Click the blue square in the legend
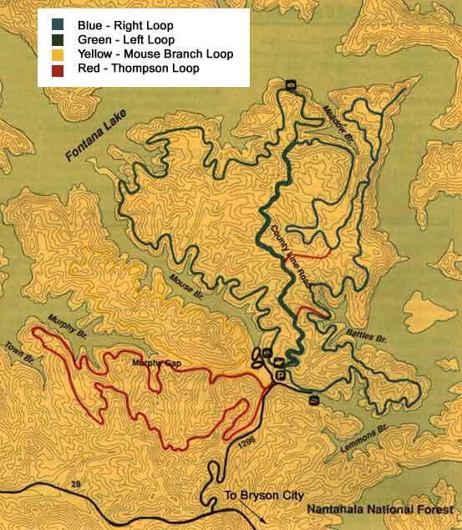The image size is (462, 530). pos(56,25)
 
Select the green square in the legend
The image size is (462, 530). pos(56,39)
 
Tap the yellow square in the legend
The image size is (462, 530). pos(56,54)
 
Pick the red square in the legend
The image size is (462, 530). pos(56,69)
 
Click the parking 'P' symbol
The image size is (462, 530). pos(280,375)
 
